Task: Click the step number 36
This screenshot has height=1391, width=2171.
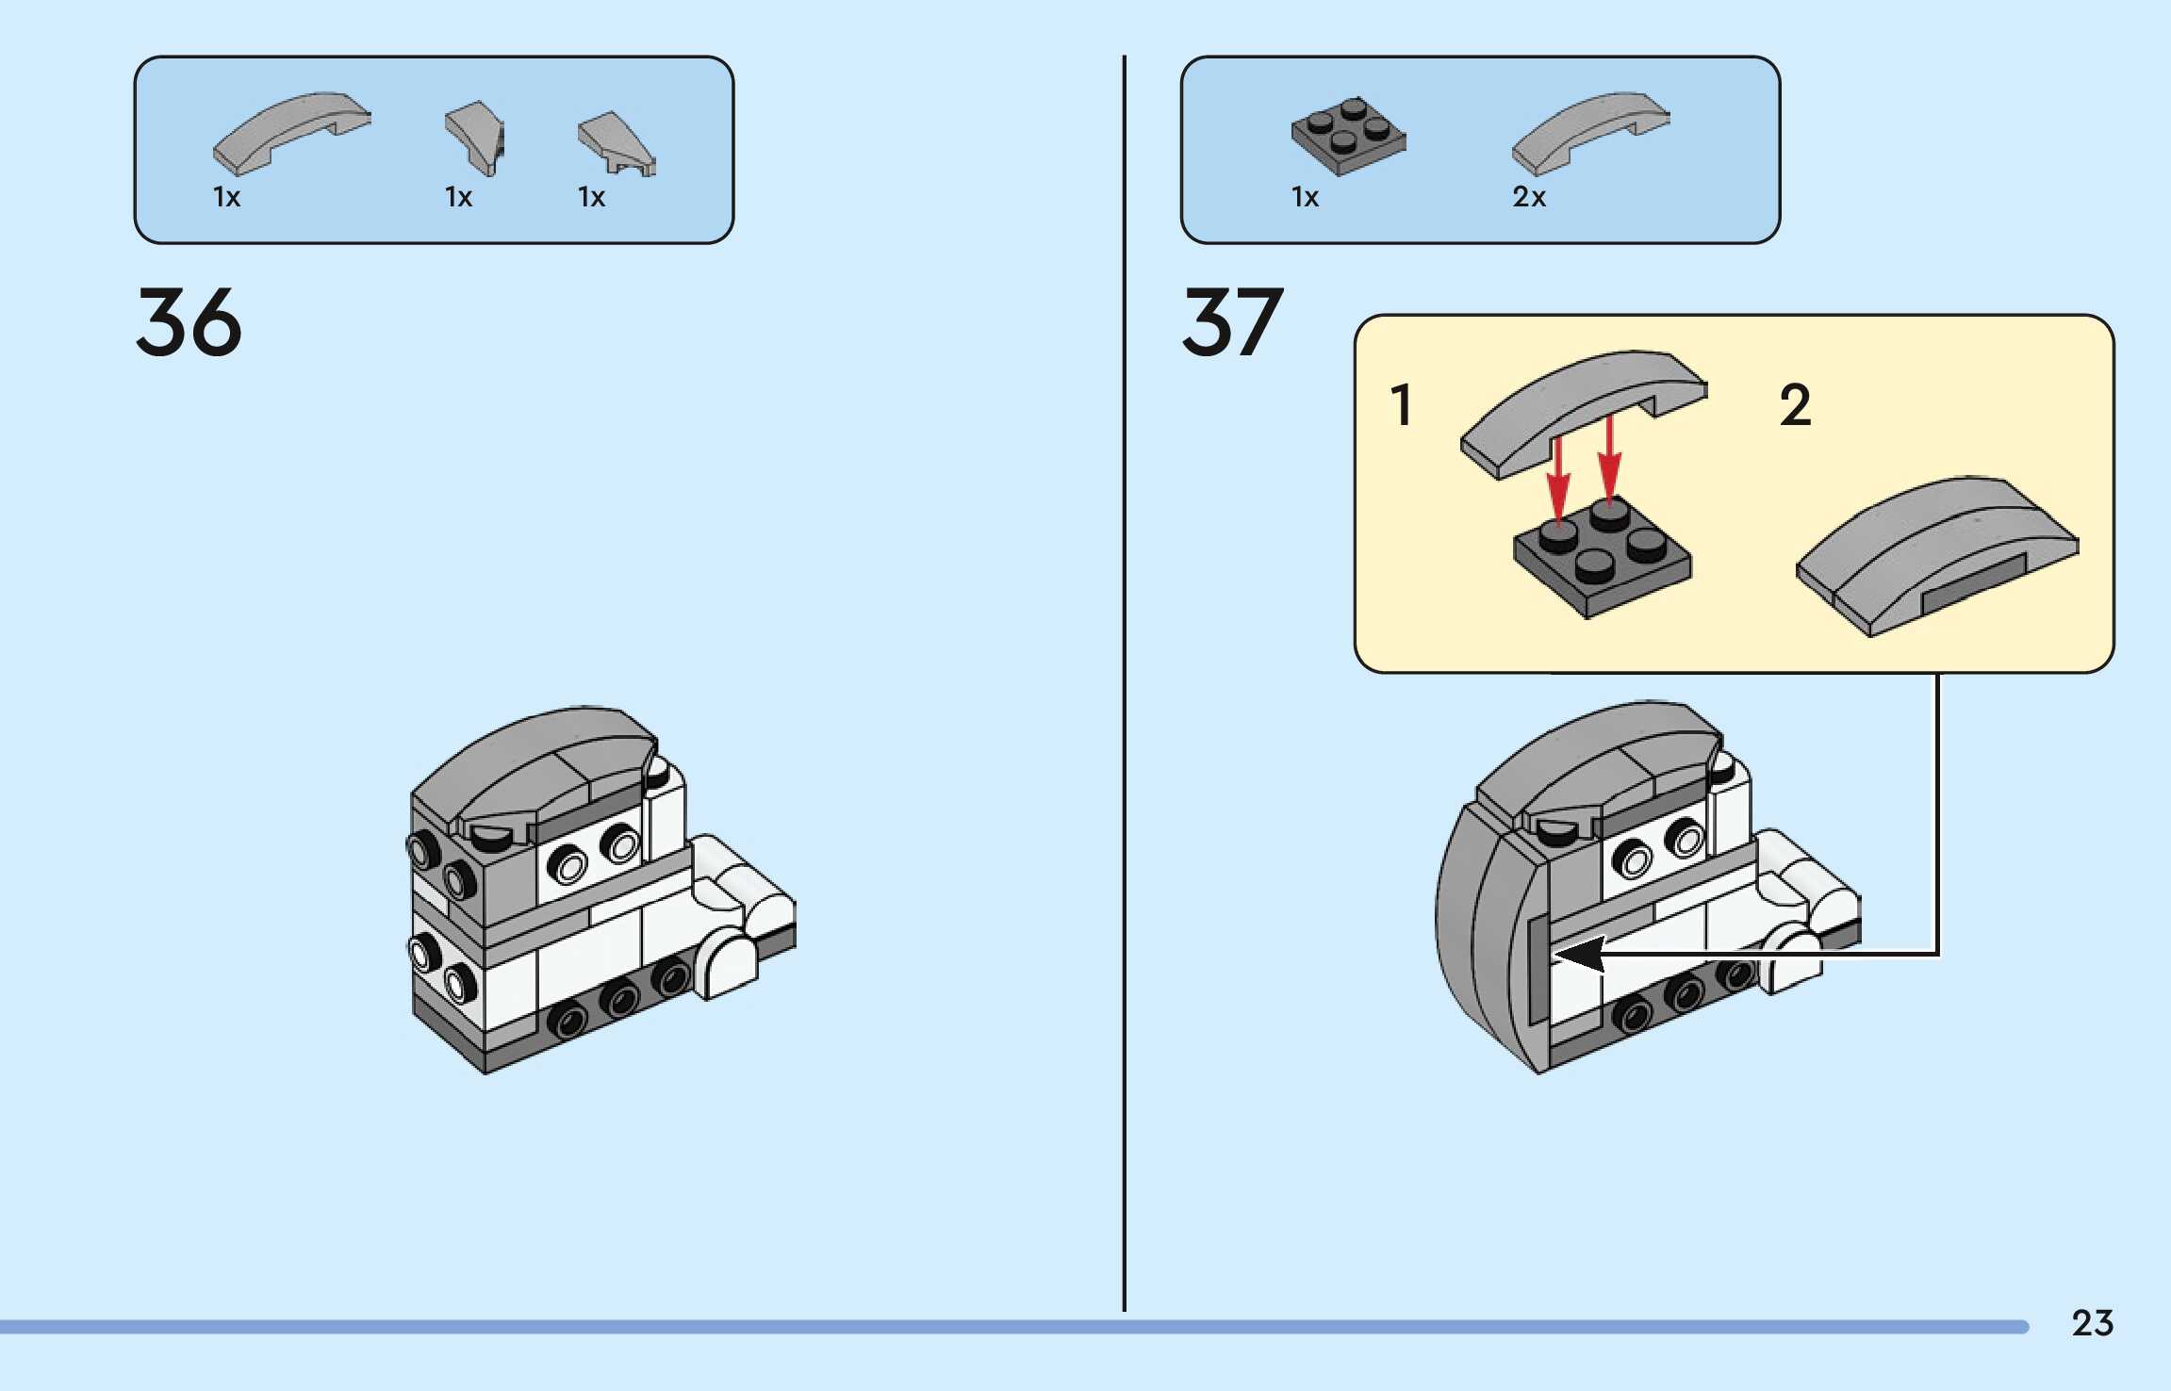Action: point(189,322)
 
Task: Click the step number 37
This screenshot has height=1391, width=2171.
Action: point(1232,322)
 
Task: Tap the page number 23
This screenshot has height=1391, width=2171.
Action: point(2092,1323)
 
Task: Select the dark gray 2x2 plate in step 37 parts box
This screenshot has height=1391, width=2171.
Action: point(1348,136)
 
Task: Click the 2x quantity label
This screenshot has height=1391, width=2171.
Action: point(1528,197)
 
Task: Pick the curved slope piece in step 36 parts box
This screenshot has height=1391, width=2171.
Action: point(291,132)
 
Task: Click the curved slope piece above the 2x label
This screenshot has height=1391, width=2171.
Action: point(1589,132)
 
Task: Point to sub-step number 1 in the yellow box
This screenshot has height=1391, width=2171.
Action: point(1402,405)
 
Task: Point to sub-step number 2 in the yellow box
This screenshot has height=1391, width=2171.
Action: point(1795,405)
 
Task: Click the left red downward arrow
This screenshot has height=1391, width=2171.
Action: point(1558,481)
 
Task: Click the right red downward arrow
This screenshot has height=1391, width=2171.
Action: point(1609,462)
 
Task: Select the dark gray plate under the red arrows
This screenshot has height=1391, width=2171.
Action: point(1603,561)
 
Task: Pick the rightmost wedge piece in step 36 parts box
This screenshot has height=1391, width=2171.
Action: point(616,143)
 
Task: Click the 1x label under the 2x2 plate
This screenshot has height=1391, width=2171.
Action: point(1305,197)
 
